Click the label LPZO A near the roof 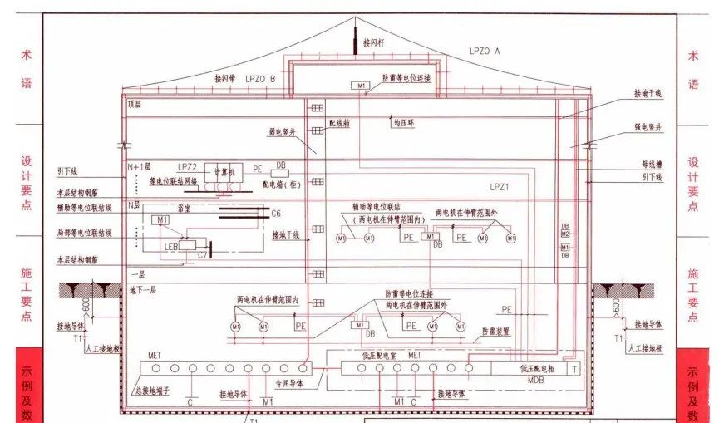(x=485, y=51)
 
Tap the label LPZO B (x=259, y=78)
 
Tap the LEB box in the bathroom (x=173, y=247)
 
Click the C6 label (x=276, y=214)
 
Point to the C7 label (x=202, y=255)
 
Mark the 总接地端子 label (x=152, y=389)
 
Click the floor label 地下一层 (x=143, y=290)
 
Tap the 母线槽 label (x=650, y=165)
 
